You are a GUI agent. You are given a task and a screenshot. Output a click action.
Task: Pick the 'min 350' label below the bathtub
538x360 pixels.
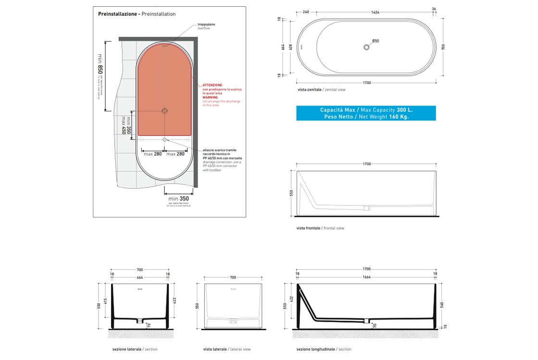pos(178,198)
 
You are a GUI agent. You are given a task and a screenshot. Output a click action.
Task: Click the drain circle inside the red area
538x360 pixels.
pos(165,111)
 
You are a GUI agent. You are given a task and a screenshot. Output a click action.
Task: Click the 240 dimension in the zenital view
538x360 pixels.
pos(306,12)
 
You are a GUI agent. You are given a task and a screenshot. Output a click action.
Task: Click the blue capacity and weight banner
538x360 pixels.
pos(367,113)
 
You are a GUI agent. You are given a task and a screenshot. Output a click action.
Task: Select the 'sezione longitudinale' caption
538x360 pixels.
pos(315,349)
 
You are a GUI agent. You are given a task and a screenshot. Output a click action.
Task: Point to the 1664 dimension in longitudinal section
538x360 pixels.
pos(367,277)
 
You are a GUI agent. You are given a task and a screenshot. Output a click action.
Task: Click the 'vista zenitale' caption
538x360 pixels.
pos(310,90)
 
